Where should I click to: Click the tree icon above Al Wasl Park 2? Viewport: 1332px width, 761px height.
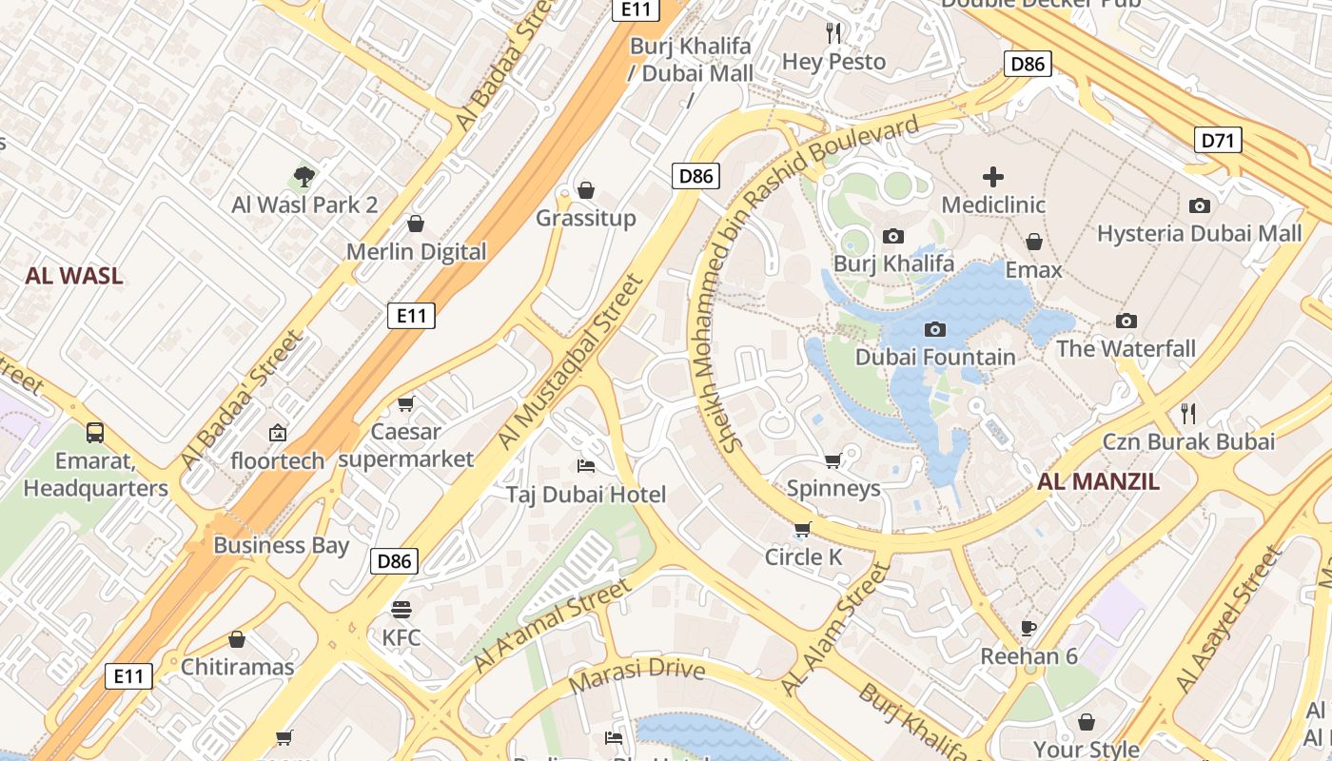click(x=304, y=176)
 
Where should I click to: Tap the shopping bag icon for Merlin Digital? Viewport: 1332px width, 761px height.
click(x=416, y=224)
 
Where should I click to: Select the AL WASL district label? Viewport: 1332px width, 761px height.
click(x=74, y=276)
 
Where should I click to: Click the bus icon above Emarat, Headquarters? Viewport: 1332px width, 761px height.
click(x=95, y=433)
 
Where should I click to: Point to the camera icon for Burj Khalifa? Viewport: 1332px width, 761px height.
click(x=892, y=236)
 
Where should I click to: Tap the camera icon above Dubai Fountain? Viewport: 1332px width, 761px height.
click(x=935, y=329)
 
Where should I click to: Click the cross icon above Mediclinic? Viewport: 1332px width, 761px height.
click(x=993, y=177)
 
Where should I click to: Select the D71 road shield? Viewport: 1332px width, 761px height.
click(x=1218, y=141)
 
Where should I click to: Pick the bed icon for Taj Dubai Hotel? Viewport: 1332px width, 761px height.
click(x=586, y=466)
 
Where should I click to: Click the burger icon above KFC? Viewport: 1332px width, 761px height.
click(x=402, y=609)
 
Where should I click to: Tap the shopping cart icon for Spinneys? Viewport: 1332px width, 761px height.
click(x=833, y=460)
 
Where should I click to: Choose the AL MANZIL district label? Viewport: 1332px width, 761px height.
click(x=1098, y=481)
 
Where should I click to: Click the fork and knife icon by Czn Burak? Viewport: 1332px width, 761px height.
click(x=1187, y=413)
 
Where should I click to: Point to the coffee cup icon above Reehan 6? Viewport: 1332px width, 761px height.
click(x=1028, y=627)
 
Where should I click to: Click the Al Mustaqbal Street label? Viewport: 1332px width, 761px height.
click(x=571, y=363)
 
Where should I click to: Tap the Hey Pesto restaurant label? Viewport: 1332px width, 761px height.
click(x=833, y=62)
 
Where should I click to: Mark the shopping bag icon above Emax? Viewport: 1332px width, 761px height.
click(x=1033, y=242)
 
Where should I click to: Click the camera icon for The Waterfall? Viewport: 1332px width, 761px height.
click(x=1126, y=321)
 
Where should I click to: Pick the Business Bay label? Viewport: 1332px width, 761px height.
click(x=281, y=545)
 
